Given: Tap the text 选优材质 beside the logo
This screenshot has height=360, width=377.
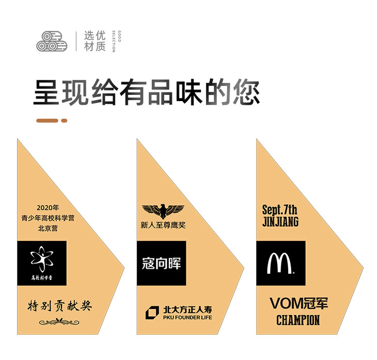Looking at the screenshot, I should point(95,41).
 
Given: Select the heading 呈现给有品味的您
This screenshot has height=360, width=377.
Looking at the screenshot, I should point(147,92).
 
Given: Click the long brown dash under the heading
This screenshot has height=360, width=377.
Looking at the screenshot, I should point(47,121).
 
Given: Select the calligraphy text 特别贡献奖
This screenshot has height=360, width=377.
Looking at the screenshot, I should point(59,305).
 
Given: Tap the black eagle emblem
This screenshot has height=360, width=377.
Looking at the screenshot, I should point(163,210).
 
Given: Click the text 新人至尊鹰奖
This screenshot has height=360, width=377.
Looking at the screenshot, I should point(163,225).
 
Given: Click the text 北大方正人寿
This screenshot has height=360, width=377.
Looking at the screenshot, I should point(187,310).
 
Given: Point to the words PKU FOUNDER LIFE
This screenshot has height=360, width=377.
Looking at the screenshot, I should point(187,317).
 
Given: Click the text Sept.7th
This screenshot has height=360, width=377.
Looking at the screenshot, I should point(279,210).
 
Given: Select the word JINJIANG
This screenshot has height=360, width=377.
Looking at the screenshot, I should point(280,222).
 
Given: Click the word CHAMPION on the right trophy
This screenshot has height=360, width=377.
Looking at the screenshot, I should point(298,320).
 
